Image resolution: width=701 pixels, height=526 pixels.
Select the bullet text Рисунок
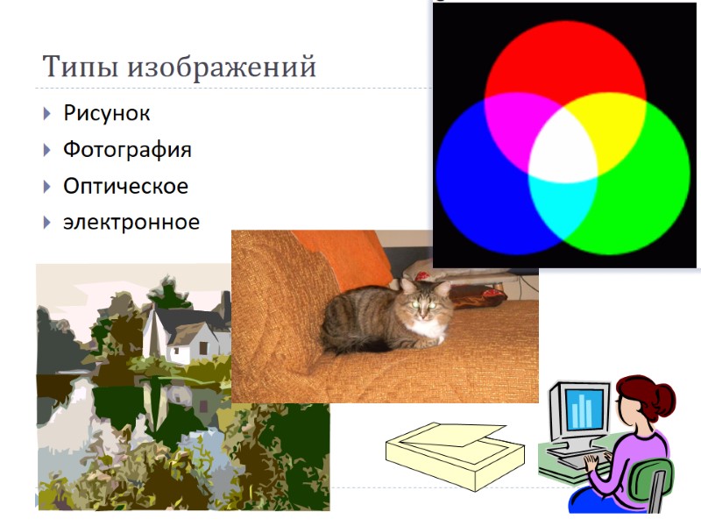107,113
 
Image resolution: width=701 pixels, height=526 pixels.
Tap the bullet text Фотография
127,150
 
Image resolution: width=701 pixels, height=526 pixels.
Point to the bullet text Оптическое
125,186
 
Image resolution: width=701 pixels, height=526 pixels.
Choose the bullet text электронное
131,223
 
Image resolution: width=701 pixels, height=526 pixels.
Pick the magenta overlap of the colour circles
517,123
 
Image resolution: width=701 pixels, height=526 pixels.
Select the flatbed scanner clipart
456,451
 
